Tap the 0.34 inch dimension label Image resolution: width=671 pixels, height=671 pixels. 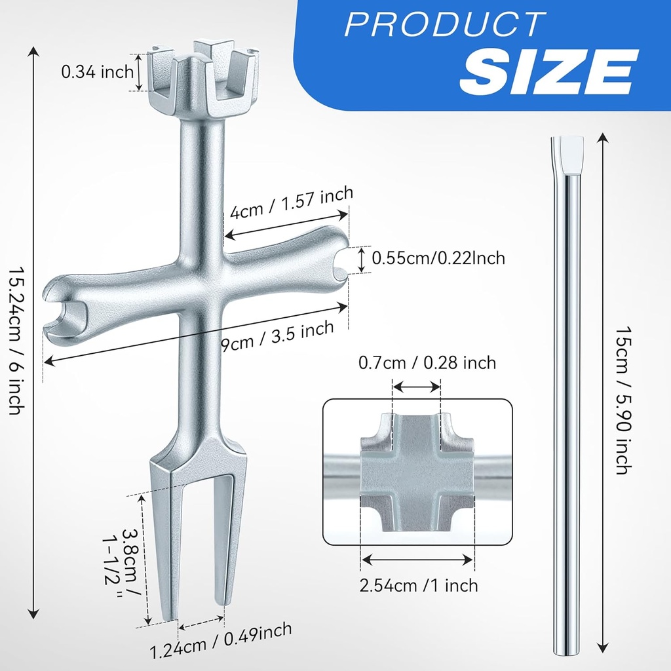pyautogui.click(x=97, y=72)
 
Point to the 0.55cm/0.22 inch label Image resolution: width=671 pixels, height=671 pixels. pyautogui.click(x=438, y=258)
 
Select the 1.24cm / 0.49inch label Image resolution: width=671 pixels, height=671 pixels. pyautogui.click(x=221, y=641)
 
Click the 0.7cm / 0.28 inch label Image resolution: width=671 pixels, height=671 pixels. pyautogui.click(x=427, y=362)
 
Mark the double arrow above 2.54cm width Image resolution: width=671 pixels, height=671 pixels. pyautogui.click(x=417, y=560)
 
